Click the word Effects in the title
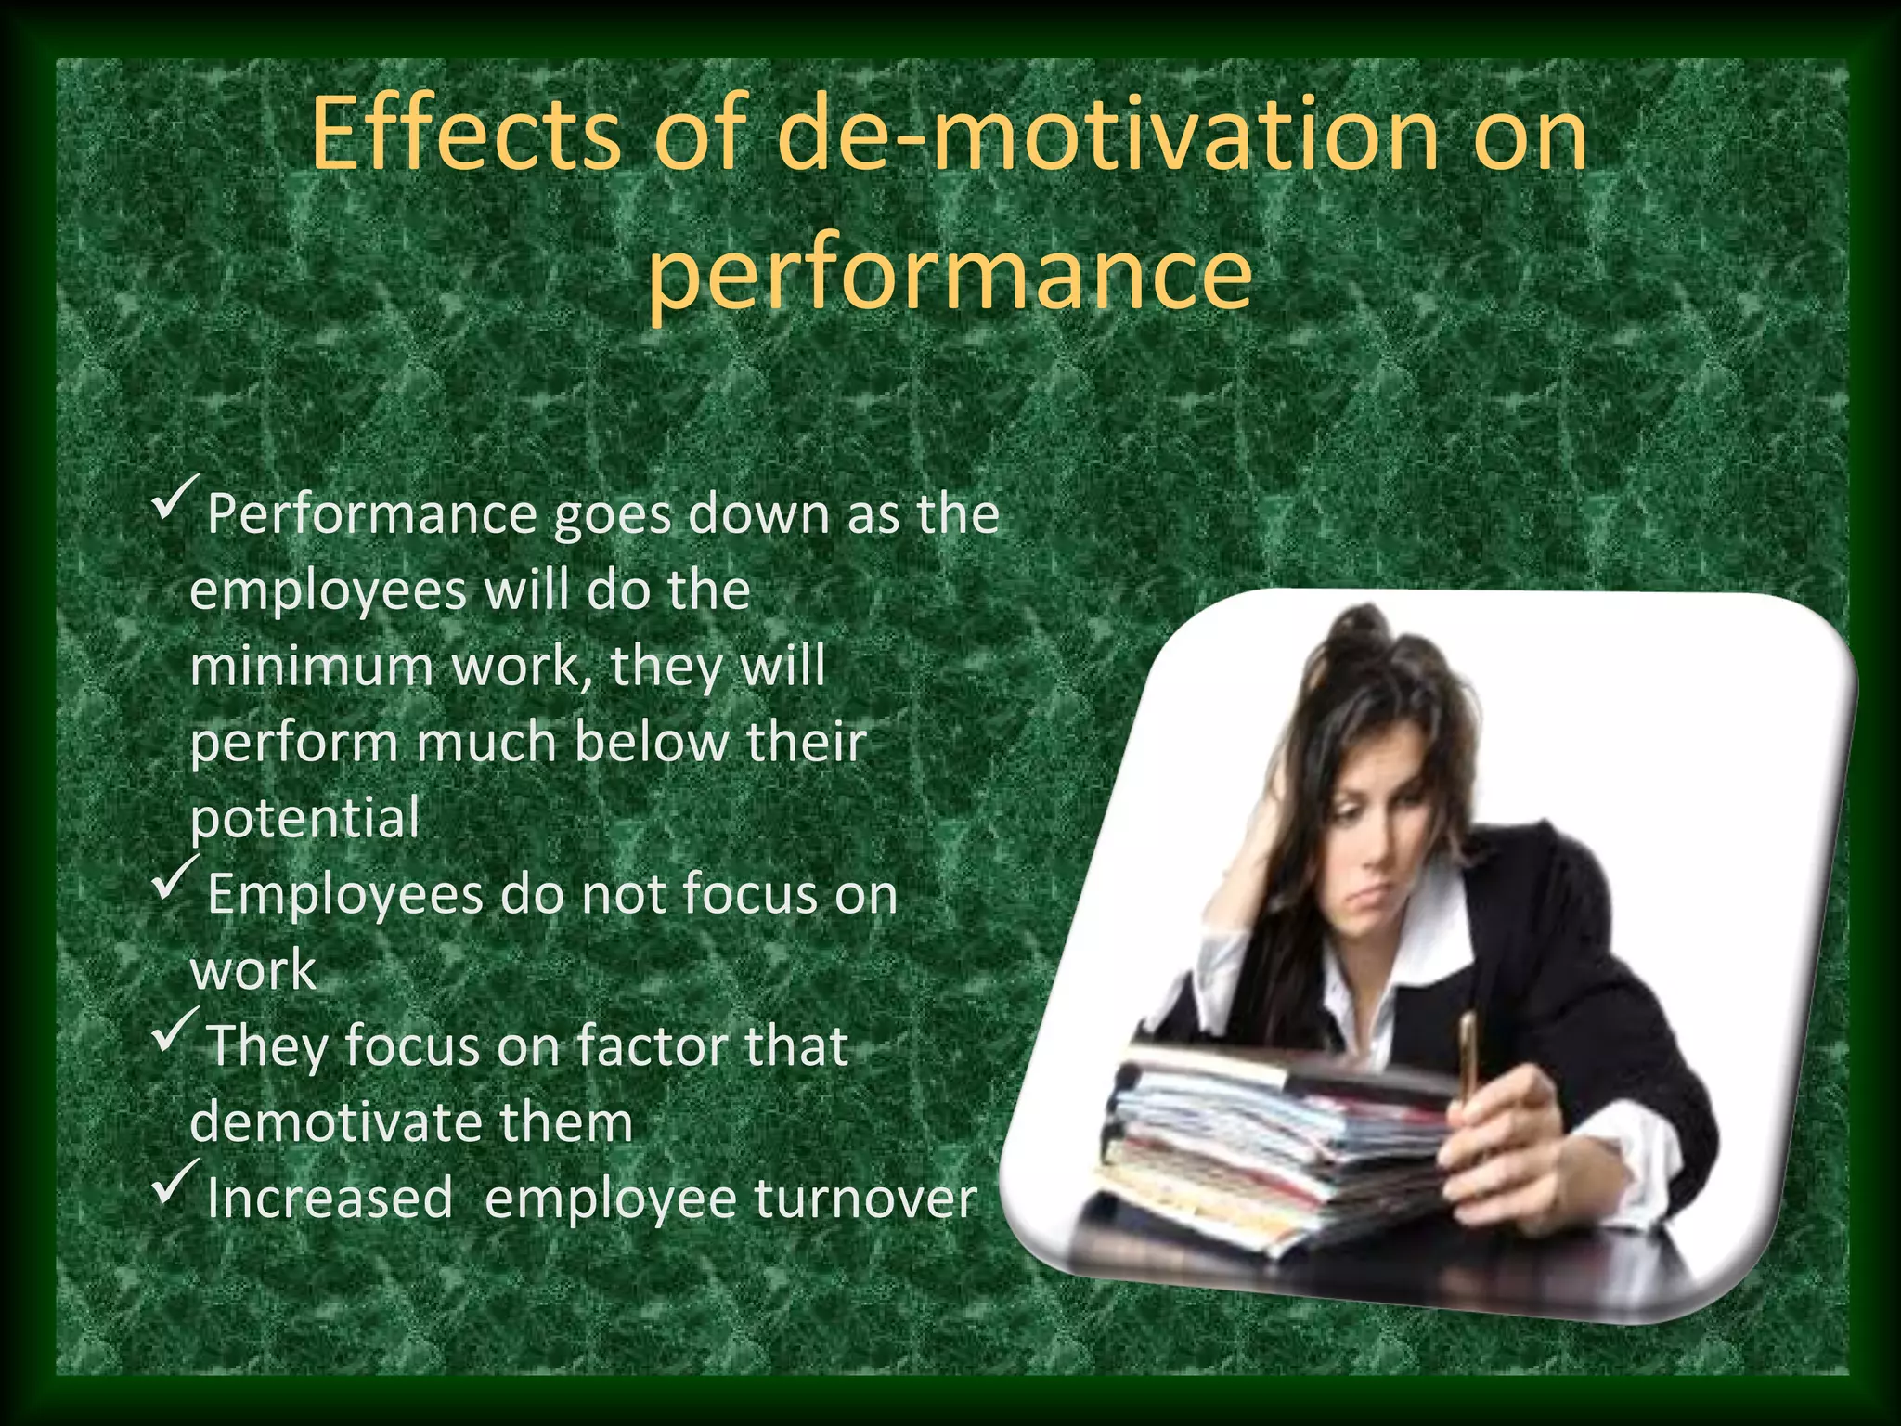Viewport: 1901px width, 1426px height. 464,135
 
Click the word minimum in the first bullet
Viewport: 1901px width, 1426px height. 312,667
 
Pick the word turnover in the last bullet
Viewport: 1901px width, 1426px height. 865,1199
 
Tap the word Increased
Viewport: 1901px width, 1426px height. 330,1199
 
